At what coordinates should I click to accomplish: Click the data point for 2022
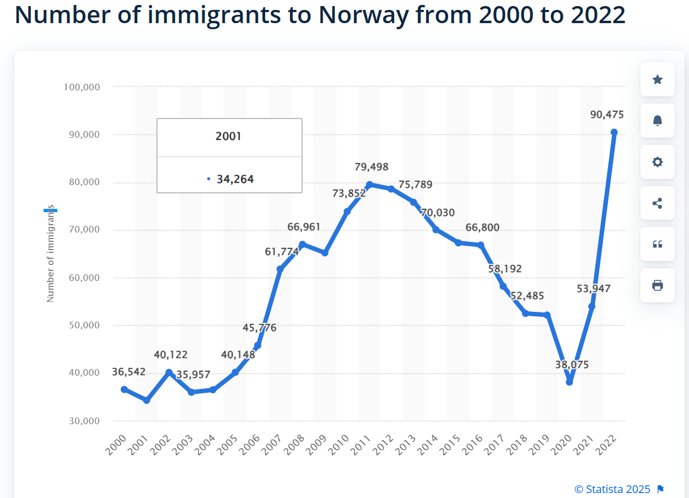[x=614, y=132]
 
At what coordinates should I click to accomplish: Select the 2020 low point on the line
[x=569, y=382]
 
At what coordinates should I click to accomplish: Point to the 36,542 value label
[x=128, y=372]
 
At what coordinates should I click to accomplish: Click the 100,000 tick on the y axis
[x=81, y=87]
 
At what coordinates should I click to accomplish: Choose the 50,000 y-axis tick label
[x=81, y=325]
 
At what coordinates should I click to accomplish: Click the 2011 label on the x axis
[x=362, y=445]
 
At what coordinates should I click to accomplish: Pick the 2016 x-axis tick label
[x=473, y=445]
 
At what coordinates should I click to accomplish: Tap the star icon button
[x=657, y=80]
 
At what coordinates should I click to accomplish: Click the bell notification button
[x=657, y=121]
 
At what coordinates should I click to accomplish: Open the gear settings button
[x=657, y=162]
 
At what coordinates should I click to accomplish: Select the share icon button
[x=657, y=203]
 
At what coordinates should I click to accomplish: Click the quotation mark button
[x=657, y=244]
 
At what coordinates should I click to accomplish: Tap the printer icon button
[x=657, y=285]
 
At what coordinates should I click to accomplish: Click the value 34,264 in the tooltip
[x=235, y=179]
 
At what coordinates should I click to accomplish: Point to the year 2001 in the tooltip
[x=228, y=136]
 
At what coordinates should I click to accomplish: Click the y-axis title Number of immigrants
[x=51, y=253]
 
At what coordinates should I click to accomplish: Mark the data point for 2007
[x=280, y=269]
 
